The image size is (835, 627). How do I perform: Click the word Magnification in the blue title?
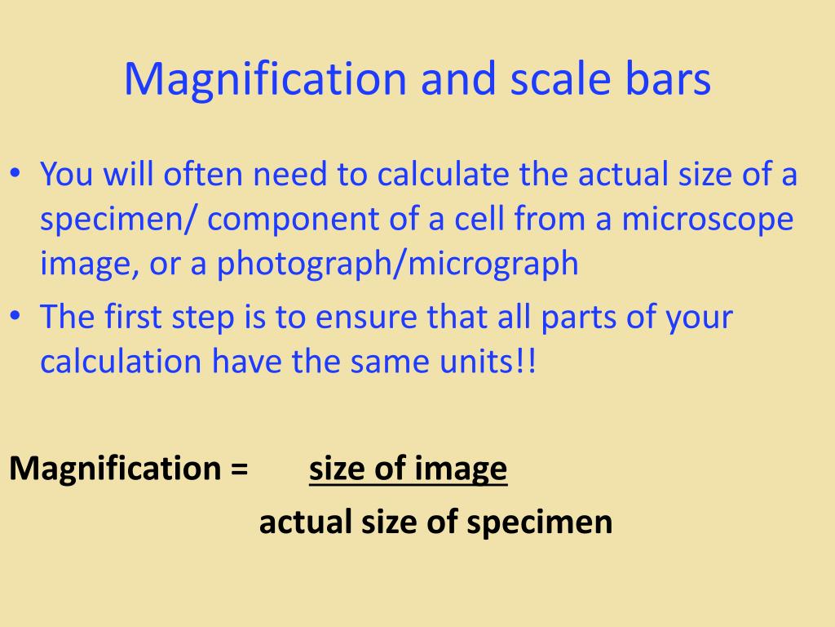click(x=265, y=79)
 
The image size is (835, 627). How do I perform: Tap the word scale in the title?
click(x=559, y=79)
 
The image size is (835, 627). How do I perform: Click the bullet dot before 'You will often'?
click(x=15, y=174)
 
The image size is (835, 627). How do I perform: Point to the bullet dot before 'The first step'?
click(x=15, y=316)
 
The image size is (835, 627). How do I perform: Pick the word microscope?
click(x=708, y=219)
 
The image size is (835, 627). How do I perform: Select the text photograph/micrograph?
click(x=397, y=264)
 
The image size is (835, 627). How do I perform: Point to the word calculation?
click(x=121, y=361)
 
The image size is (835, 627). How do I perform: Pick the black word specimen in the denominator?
click(x=540, y=522)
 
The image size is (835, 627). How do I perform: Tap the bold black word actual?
click(x=305, y=522)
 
